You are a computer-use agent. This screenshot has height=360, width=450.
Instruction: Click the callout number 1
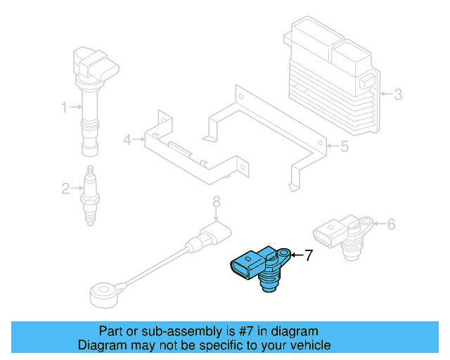click(x=64, y=108)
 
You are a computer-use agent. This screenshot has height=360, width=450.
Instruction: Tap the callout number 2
click(x=65, y=188)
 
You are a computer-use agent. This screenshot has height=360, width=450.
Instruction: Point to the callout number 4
click(x=127, y=140)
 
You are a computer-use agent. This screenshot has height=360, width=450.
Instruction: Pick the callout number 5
click(x=344, y=147)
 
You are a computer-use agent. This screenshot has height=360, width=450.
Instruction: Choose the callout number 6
click(x=391, y=224)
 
